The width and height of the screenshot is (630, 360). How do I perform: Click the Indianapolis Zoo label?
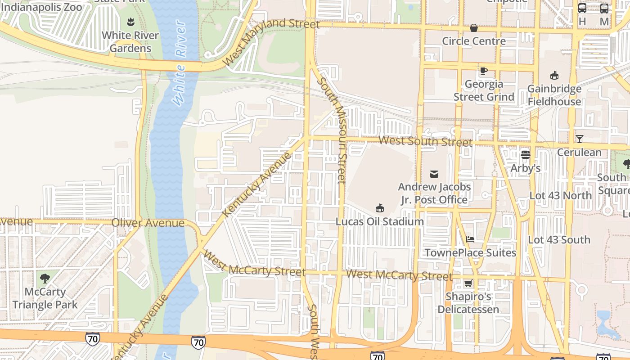(41, 7)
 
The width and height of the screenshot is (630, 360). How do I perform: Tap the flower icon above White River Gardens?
(130, 22)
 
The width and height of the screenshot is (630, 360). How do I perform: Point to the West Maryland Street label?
(271, 41)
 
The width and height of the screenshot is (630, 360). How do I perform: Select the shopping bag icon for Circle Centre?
(474, 28)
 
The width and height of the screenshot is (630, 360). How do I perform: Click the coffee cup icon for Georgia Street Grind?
(483, 71)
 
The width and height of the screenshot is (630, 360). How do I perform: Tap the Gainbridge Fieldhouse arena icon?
(554, 75)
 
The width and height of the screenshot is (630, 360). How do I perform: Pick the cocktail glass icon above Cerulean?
(579, 139)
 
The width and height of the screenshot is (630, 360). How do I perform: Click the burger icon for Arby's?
(525, 155)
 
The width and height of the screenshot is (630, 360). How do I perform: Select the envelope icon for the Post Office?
(434, 174)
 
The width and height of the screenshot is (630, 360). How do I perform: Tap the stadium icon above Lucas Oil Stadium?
(380, 208)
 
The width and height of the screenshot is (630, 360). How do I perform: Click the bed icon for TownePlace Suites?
(470, 239)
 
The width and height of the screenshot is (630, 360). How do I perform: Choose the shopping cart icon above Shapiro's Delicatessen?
(468, 283)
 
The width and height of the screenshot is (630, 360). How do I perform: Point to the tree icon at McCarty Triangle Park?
(45, 278)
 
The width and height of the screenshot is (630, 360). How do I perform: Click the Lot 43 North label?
(560, 195)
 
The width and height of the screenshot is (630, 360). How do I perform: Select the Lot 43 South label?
(559, 240)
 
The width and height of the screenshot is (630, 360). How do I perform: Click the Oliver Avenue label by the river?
(148, 223)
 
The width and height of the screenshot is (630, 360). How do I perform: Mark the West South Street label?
(425, 141)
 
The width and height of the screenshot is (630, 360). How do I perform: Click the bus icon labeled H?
(582, 8)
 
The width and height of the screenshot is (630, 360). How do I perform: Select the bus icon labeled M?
(604, 8)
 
